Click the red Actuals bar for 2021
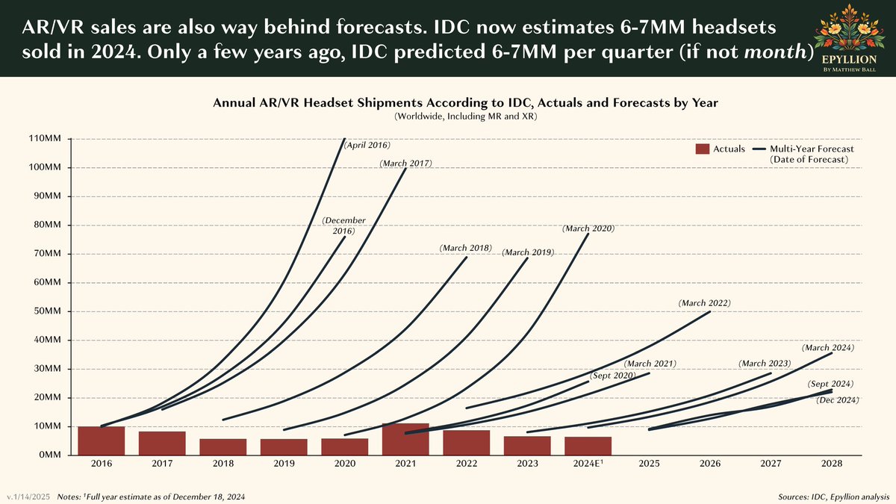[405, 439]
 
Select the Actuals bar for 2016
[101, 441]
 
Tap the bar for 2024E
[588, 446]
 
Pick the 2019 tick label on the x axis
[284, 464]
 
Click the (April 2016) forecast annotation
[367, 145]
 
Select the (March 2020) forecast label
[589, 228]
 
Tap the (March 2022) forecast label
[704, 303]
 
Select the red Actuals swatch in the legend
[702, 149]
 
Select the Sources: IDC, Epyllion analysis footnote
[833, 497]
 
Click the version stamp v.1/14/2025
[28, 497]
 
